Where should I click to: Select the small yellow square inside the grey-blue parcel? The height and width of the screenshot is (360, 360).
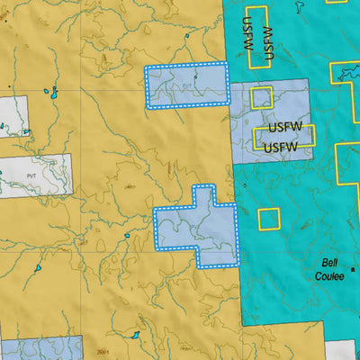coord(261,97)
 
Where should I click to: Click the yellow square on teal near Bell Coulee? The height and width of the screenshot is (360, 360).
coord(269,218)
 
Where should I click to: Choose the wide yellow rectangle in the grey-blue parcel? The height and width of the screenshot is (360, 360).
coord(284,136)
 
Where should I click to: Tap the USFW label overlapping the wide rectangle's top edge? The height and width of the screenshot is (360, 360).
coord(283,127)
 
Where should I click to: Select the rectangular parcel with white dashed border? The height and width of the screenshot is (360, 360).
coord(186,86)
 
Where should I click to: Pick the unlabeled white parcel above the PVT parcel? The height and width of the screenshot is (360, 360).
coord(13,116)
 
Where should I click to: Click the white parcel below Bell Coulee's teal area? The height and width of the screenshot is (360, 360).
coord(341,351)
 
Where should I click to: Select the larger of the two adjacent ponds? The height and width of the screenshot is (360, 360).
coord(53,93)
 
